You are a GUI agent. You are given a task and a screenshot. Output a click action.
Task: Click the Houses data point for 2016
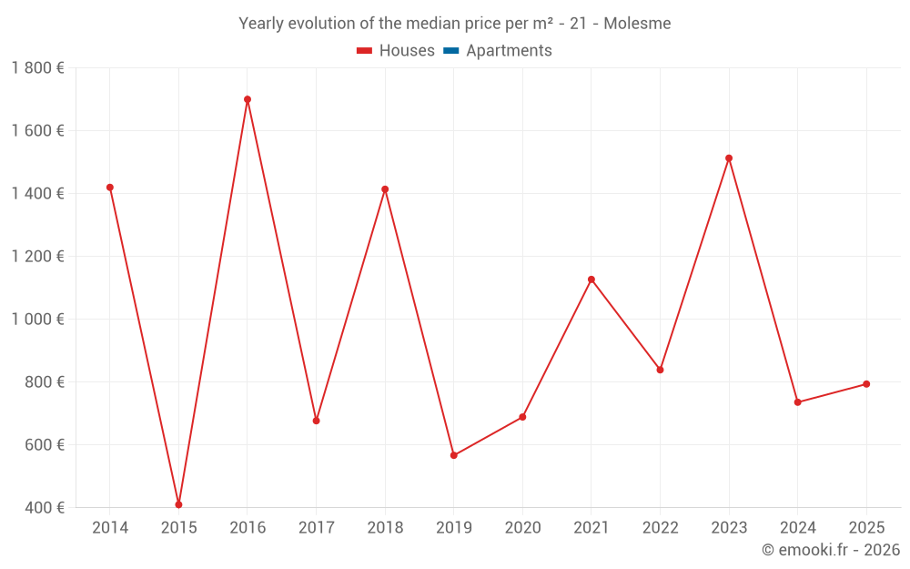[248, 99]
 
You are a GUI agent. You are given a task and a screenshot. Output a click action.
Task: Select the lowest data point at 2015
[178, 504]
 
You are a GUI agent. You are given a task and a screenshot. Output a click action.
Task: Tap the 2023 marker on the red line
[729, 158]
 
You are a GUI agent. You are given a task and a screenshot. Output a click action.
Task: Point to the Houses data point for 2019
[454, 455]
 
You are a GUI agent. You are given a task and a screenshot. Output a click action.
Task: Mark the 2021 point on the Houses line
[591, 279]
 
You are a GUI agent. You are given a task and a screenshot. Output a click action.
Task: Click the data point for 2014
[110, 188]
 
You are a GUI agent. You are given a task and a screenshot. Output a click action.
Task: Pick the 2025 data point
[866, 384]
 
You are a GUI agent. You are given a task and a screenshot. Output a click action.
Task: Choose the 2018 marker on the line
[385, 189]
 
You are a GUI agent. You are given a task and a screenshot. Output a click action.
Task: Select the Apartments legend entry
[509, 51]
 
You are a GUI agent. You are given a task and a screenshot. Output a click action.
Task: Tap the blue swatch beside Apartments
[451, 51]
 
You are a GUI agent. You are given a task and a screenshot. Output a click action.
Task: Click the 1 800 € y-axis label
[37, 68]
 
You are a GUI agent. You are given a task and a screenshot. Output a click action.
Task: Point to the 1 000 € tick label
[37, 320]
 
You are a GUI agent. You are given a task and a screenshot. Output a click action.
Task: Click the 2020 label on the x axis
[522, 528]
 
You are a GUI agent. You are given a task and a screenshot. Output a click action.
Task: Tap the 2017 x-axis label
[316, 528]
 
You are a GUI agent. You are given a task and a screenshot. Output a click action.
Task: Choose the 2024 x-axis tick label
[797, 528]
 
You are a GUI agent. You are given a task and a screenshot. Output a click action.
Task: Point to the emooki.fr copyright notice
[830, 550]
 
